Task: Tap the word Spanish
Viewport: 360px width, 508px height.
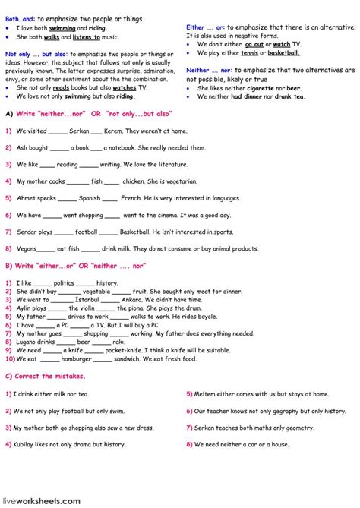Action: click(89, 198)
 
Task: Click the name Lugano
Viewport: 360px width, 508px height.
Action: click(27, 341)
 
